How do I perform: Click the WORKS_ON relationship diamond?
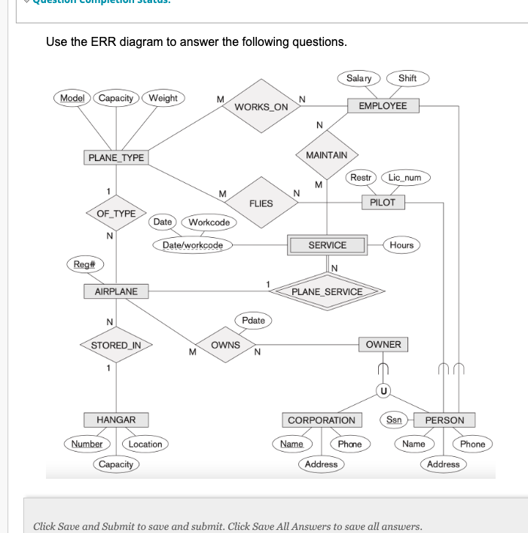coord(261,106)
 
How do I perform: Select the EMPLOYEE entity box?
coord(382,105)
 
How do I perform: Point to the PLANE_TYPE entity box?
coord(116,157)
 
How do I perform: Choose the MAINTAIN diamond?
coord(327,155)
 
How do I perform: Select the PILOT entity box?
coord(383,202)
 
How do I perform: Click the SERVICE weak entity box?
coord(327,245)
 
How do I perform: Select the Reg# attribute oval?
coord(84,266)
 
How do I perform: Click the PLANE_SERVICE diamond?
coord(328,291)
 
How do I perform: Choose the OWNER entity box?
coord(386,345)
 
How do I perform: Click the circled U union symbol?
coord(386,391)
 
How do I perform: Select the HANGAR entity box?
coord(116,419)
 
